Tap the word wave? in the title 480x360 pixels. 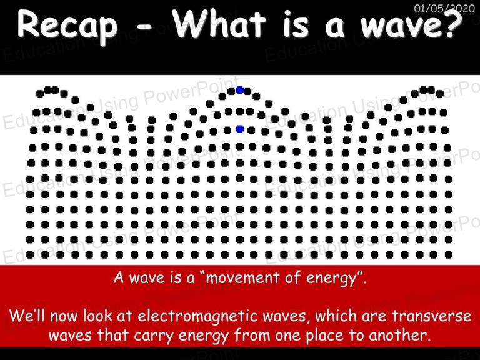[411, 24]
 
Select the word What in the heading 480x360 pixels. [219, 24]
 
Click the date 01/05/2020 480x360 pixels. [444, 8]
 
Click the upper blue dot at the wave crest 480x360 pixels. [240, 90]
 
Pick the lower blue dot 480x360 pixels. [240, 129]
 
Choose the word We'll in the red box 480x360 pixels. [27, 315]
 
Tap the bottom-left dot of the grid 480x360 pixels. [30, 254]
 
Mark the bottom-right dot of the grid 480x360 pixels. [449, 254]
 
